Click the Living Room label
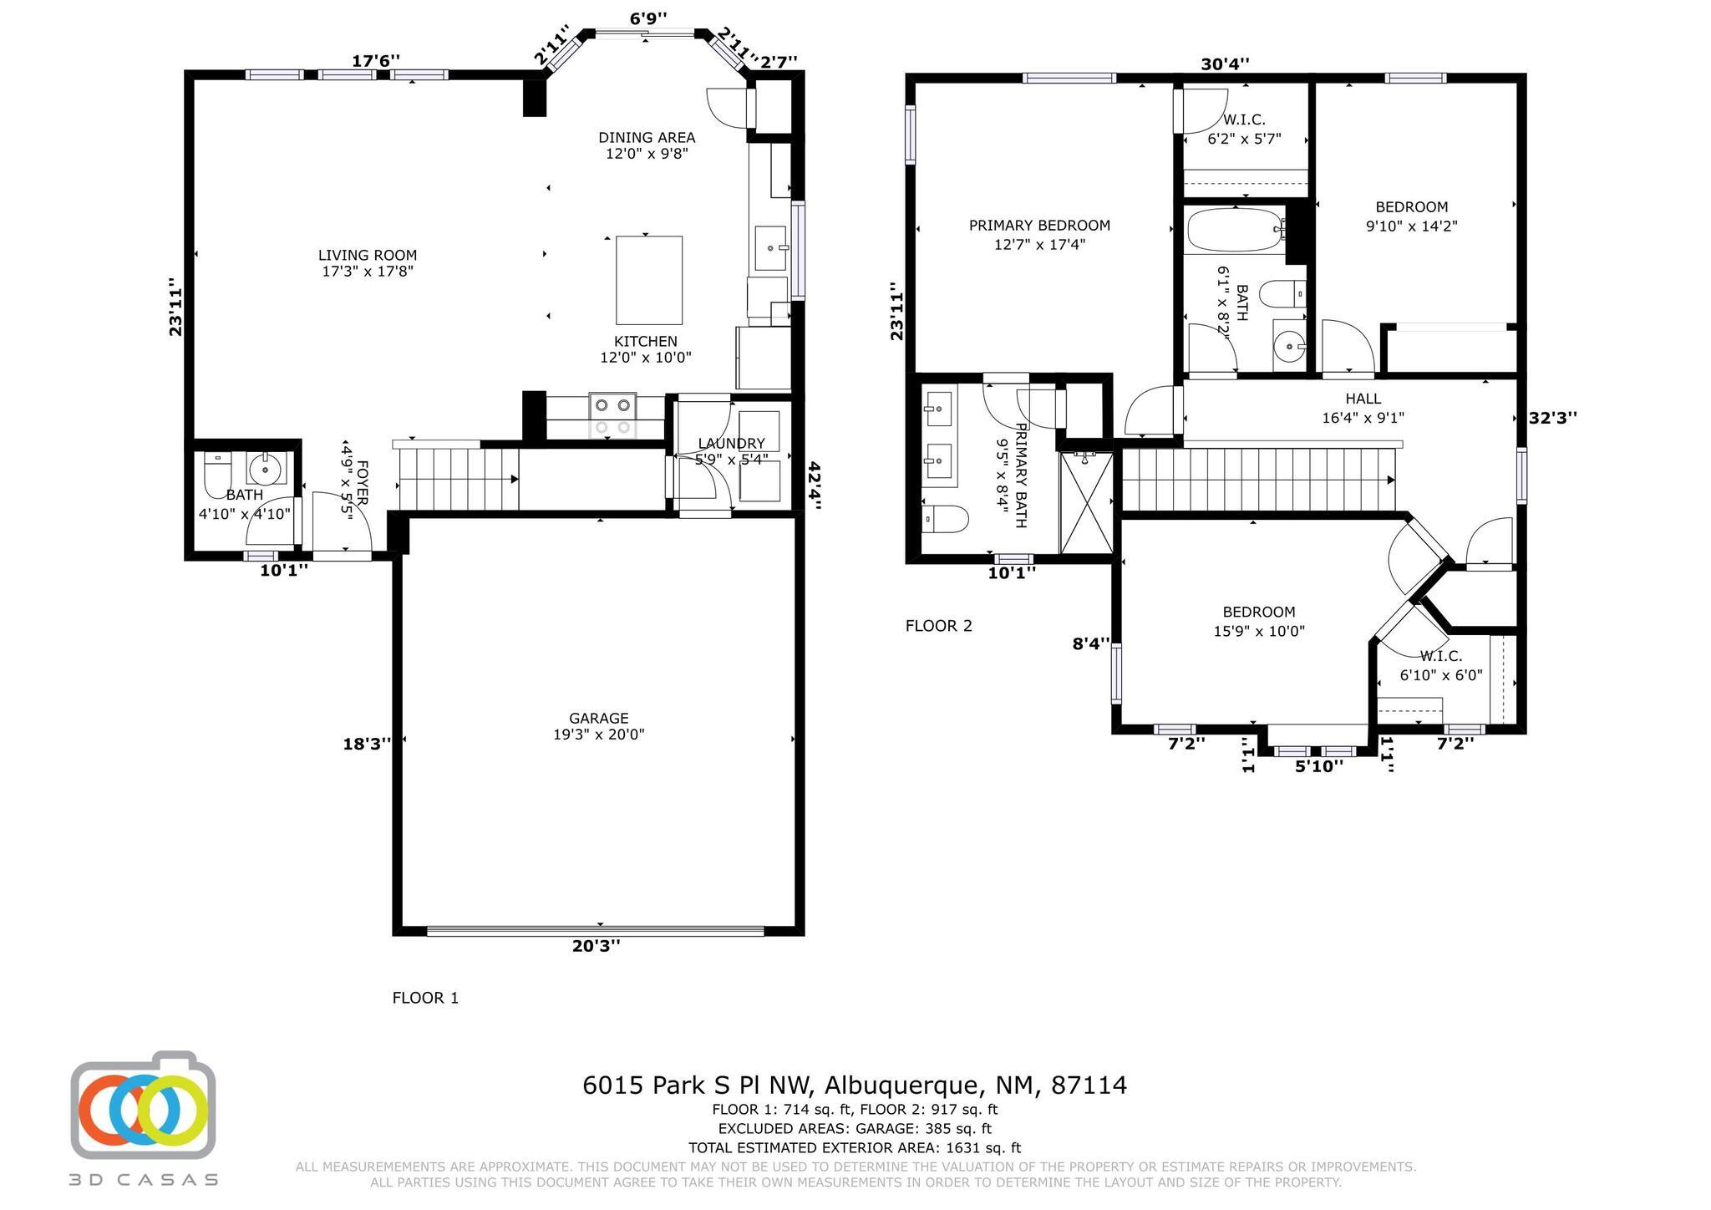368,263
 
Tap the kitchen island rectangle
649,280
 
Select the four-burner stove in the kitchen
612,415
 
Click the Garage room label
599,726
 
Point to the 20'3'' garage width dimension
597,946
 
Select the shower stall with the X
1086,502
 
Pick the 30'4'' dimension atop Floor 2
1226,64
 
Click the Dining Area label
647,145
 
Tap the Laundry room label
731,451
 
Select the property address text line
855,1085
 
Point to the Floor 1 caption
425,998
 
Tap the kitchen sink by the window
770,248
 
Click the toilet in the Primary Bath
945,519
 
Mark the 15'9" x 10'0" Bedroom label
1259,622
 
